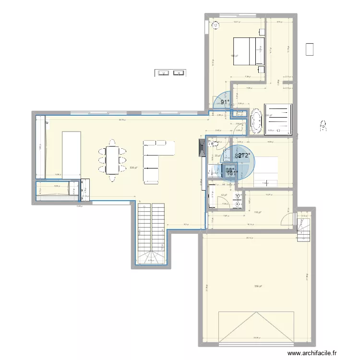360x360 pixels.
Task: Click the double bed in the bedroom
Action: (249, 51)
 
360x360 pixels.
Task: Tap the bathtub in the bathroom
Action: (255, 122)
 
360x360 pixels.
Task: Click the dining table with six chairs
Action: (113, 160)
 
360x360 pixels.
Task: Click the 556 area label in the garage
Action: (258, 287)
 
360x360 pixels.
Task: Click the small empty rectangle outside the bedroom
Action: (310, 49)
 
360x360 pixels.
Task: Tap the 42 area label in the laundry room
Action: (223, 195)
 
